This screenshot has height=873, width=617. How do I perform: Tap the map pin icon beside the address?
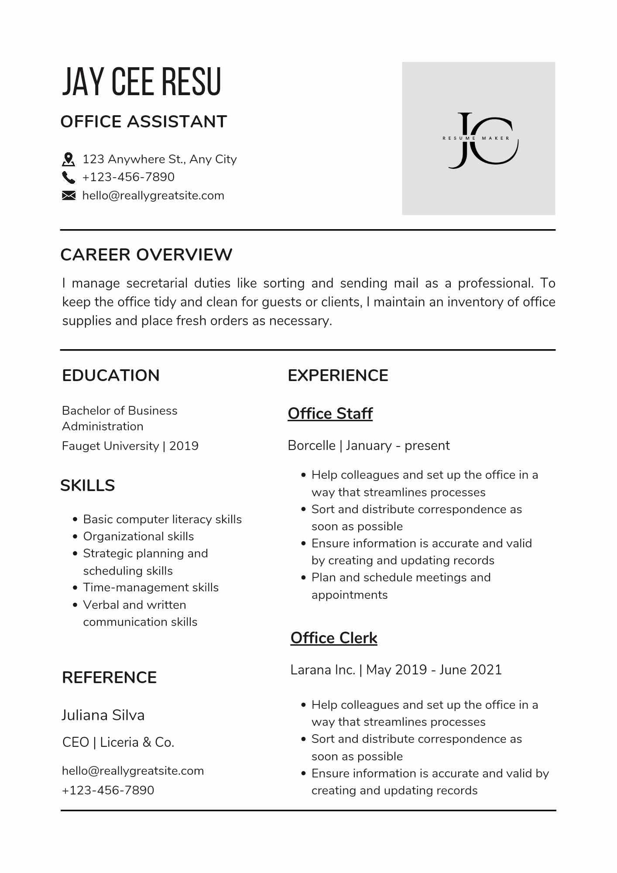click(69, 159)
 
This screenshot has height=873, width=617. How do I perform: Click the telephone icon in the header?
click(69, 177)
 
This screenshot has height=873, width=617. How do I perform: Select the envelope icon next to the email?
click(69, 196)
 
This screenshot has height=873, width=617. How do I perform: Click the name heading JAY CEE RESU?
click(142, 82)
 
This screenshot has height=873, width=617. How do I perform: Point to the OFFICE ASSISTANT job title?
click(144, 122)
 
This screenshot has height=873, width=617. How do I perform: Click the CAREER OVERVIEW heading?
click(146, 255)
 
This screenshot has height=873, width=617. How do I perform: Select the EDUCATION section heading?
click(111, 375)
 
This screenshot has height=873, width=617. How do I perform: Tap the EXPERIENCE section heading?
click(338, 375)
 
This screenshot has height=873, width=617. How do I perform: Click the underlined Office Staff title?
click(330, 413)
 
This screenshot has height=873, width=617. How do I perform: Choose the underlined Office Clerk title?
click(334, 638)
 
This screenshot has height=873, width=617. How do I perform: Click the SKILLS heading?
click(88, 485)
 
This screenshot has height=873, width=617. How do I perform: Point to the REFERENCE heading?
click(109, 677)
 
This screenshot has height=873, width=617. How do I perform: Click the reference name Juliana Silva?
click(103, 715)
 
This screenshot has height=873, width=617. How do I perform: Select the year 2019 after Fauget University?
click(184, 446)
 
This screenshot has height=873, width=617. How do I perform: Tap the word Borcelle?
click(312, 445)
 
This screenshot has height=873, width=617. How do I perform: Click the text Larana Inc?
click(323, 670)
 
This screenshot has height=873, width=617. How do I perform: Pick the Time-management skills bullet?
click(151, 588)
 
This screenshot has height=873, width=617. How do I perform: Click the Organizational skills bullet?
click(138, 536)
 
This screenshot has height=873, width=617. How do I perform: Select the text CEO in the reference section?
click(75, 742)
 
